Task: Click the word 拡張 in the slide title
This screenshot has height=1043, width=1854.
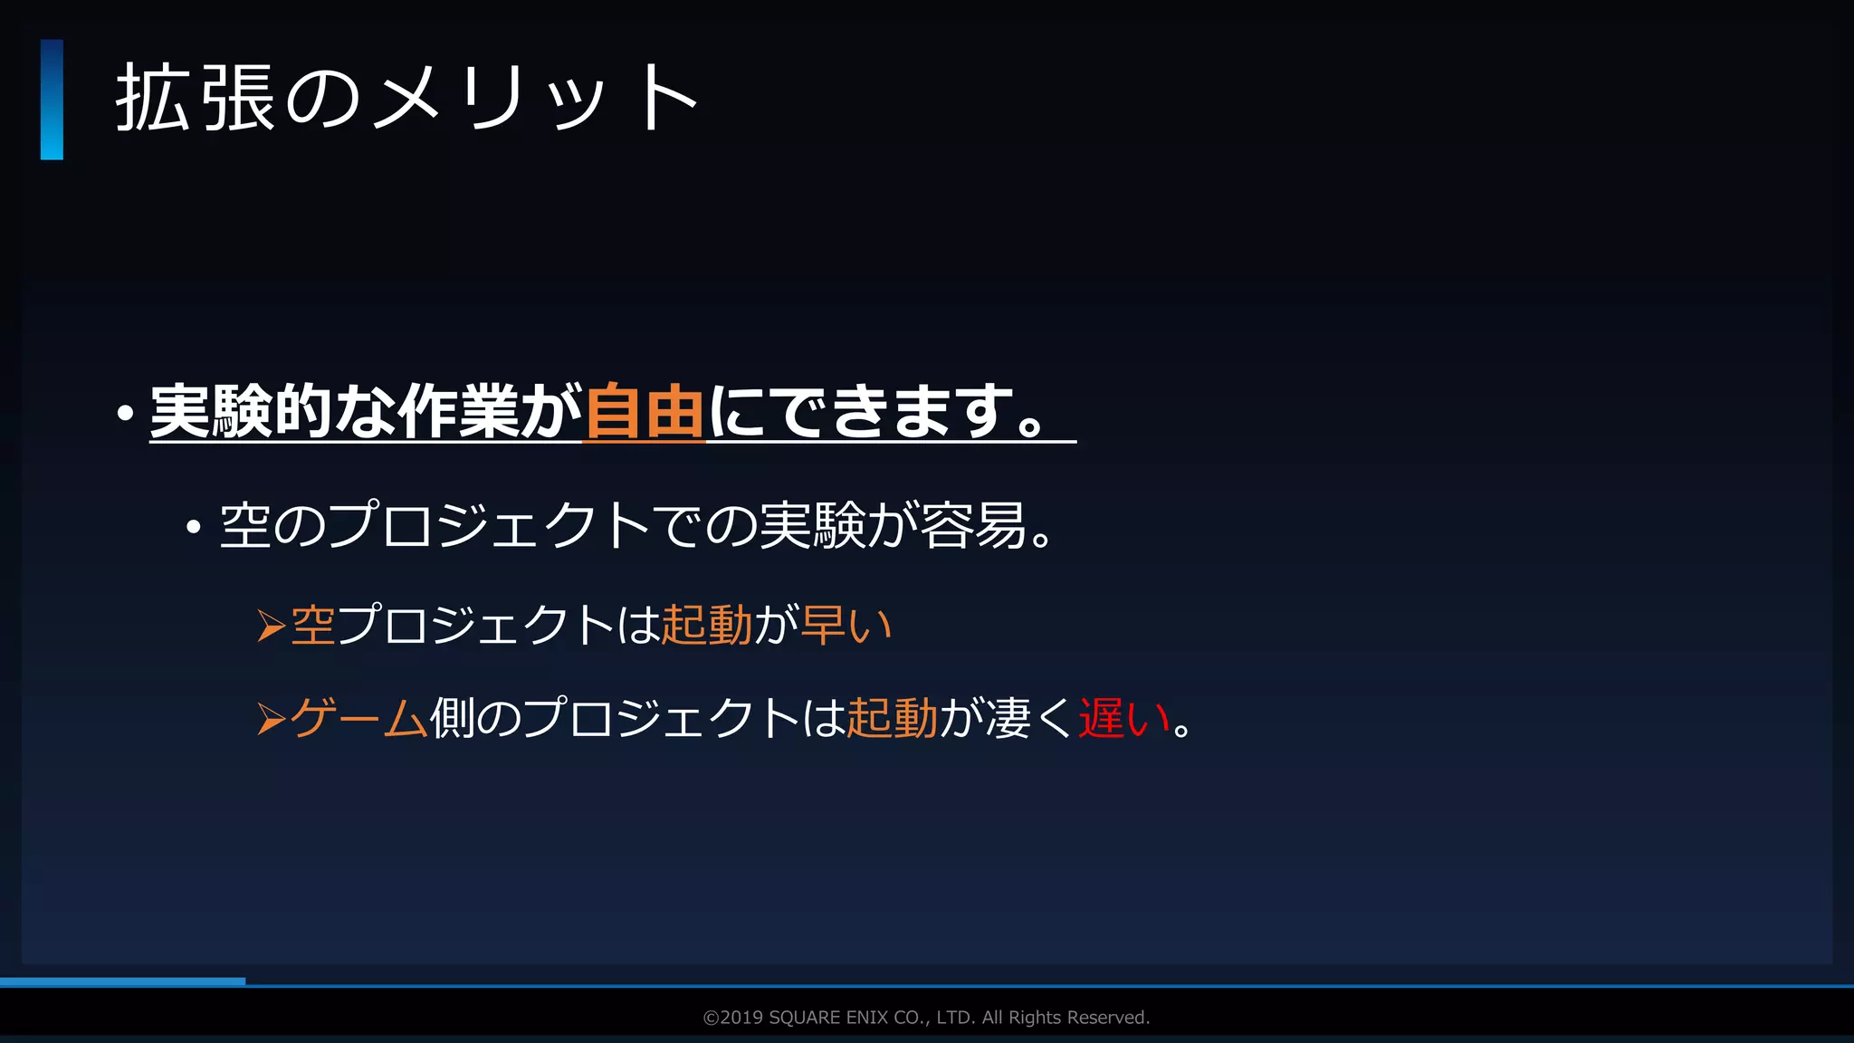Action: (195, 99)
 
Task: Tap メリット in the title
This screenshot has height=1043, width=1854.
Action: (535, 99)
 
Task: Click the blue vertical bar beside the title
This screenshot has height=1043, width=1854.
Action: (52, 100)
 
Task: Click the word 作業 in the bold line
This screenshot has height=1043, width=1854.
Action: (458, 412)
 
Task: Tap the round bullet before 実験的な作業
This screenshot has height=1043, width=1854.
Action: (126, 415)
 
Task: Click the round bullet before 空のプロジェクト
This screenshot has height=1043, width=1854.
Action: (193, 527)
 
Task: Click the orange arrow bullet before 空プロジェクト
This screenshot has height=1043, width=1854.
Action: (271, 626)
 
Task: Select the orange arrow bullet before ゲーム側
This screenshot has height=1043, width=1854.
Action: (271, 720)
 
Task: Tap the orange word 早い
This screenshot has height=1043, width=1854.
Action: (846, 626)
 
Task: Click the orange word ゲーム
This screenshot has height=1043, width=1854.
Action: (358, 719)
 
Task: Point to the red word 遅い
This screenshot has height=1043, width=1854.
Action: (1123, 719)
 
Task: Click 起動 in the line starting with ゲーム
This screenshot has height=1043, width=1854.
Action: (892, 719)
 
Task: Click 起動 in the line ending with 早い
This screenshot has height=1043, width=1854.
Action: (707, 626)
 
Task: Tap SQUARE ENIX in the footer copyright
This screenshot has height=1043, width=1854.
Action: (828, 1018)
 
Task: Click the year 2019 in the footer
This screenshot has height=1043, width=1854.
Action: (741, 1018)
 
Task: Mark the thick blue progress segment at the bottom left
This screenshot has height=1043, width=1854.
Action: (122, 981)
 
